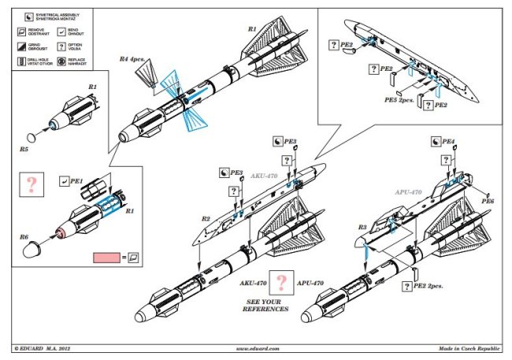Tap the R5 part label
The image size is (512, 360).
pos(24,147)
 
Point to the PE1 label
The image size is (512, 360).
pos(76,180)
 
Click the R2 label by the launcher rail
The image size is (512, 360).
pos(206,217)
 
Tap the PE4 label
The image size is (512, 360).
pos(448,142)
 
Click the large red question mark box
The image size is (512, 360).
pos(32,185)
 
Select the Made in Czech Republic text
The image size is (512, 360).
pos(469,347)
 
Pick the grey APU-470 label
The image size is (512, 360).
pos(407,191)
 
